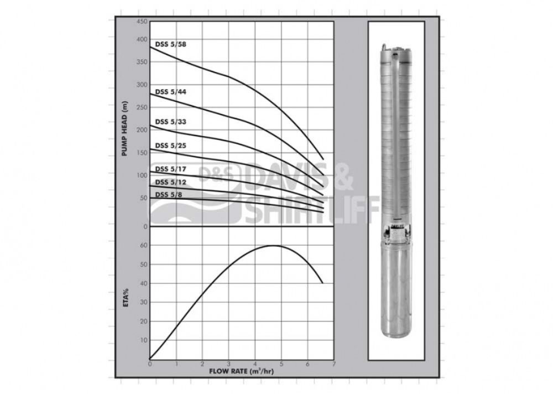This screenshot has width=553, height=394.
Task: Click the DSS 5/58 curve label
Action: (x=171, y=44)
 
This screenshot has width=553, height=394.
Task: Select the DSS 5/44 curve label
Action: (x=171, y=92)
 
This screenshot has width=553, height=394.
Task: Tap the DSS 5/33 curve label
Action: (x=171, y=122)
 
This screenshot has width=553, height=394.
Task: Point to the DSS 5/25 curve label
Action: (x=171, y=146)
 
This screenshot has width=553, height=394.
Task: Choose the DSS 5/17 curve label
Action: (x=171, y=169)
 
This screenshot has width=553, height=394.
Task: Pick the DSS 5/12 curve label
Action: (x=171, y=182)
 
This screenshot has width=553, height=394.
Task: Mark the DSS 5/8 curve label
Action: (x=169, y=195)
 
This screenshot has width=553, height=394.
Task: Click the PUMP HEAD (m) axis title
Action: (x=124, y=129)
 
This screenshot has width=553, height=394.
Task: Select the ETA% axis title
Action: (x=126, y=298)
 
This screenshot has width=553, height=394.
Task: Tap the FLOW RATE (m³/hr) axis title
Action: (x=242, y=371)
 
